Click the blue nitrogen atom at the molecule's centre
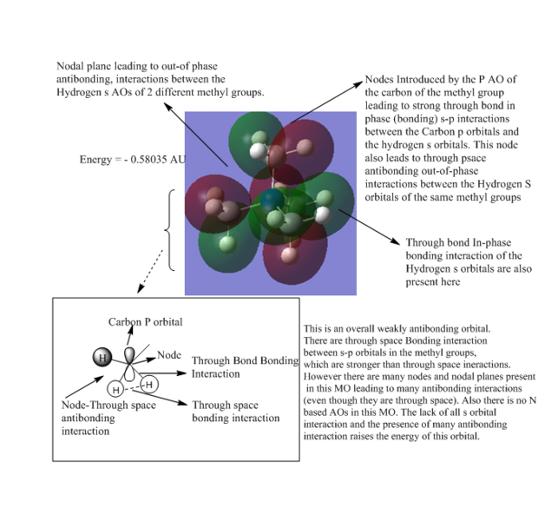(272, 202)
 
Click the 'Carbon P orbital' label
(145, 322)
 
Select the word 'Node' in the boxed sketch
(168, 356)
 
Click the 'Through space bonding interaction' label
(234, 411)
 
